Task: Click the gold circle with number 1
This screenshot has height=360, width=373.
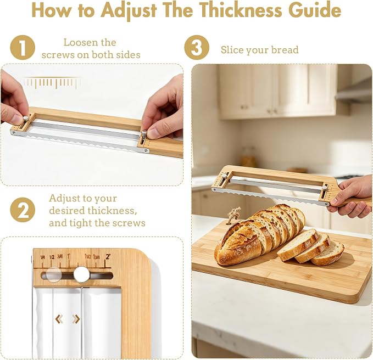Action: [23, 48]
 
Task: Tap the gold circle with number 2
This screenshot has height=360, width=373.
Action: [23, 210]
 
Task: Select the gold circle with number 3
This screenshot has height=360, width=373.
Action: [197, 48]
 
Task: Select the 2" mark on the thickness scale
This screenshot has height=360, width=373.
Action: [108, 257]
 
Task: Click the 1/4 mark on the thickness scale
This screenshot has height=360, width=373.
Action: [43, 257]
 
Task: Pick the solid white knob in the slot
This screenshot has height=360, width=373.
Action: [81, 274]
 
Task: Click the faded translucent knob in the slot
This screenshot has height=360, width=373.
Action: [54, 275]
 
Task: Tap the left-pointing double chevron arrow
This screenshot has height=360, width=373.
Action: [59, 319]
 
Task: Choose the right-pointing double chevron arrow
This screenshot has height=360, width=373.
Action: [76, 319]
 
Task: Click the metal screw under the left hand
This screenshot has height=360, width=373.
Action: [25, 119]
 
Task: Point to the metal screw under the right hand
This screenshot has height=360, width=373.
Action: [143, 133]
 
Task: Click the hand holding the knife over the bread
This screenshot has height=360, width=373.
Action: [352, 196]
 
